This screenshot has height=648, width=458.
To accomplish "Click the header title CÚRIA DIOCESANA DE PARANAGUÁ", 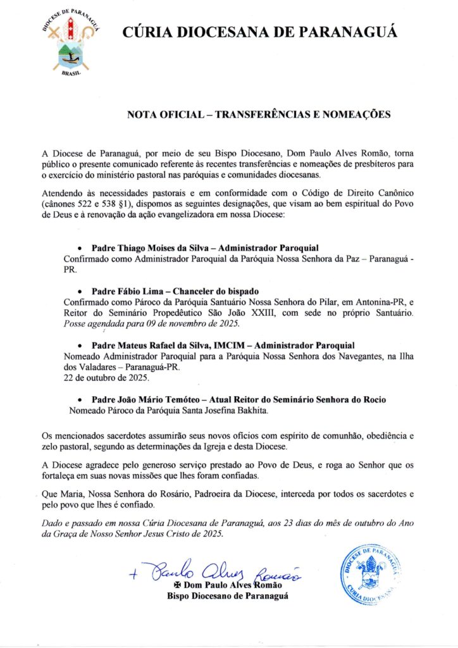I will [x=259, y=32].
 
